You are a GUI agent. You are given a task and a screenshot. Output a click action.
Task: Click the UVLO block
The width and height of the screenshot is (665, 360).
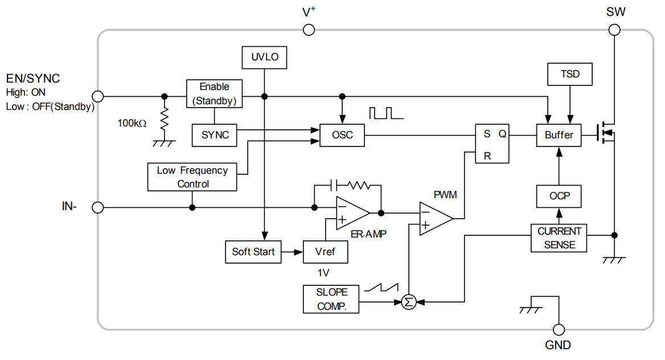click(x=264, y=58)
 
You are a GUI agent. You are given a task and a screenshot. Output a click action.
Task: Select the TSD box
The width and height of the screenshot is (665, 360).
click(x=570, y=75)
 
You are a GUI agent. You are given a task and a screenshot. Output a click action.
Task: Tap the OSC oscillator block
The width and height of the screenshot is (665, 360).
click(x=342, y=135)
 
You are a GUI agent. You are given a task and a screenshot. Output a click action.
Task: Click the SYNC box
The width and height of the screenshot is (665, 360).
click(x=215, y=135)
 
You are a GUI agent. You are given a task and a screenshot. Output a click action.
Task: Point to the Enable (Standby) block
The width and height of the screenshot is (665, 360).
click(x=215, y=94)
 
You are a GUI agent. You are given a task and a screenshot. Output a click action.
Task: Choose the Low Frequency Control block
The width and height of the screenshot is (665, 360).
click(x=192, y=177)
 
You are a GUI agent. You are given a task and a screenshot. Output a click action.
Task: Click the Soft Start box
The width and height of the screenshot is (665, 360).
click(x=253, y=252)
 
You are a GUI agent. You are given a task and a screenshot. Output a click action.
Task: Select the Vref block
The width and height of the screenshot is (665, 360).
click(x=325, y=252)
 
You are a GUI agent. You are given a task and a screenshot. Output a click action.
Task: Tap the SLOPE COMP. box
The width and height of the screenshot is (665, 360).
click(x=332, y=299)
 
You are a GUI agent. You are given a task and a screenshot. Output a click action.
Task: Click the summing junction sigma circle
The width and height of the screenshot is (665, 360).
click(x=408, y=302)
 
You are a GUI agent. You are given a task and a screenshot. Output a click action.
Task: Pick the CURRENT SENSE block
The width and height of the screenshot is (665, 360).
click(x=559, y=238)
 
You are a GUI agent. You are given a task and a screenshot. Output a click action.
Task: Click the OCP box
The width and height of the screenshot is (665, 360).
click(x=559, y=196)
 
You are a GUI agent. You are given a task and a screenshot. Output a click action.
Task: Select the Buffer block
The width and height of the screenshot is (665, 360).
click(x=559, y=135)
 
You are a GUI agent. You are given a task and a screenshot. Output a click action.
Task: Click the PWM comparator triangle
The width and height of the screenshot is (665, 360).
click(x=434, y=219)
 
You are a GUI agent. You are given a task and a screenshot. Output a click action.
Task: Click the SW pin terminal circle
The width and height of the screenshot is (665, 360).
click(x=615, y=30)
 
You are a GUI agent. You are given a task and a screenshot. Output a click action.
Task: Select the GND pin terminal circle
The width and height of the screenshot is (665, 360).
click(x=559, y=329)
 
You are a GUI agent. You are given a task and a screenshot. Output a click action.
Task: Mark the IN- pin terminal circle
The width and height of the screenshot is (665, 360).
click(x=98, y=207)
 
